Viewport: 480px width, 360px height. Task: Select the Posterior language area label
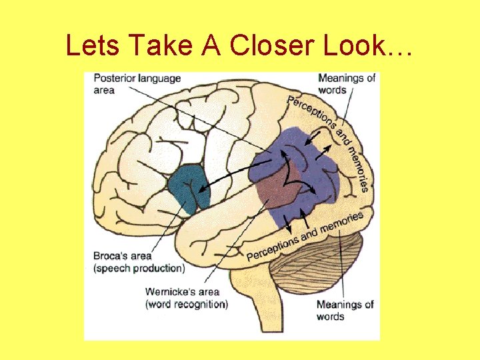point(137,84)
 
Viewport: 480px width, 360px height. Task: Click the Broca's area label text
point(123,256)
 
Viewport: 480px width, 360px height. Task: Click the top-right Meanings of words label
point(347,84)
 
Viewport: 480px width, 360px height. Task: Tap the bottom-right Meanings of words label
point(345,311)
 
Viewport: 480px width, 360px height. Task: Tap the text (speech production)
point(139,268)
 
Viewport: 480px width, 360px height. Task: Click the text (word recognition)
point(187,304)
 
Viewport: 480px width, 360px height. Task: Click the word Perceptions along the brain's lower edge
point(273,247)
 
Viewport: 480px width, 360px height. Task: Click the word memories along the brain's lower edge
point(341,223)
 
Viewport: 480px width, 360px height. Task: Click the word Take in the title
point(155,45)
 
